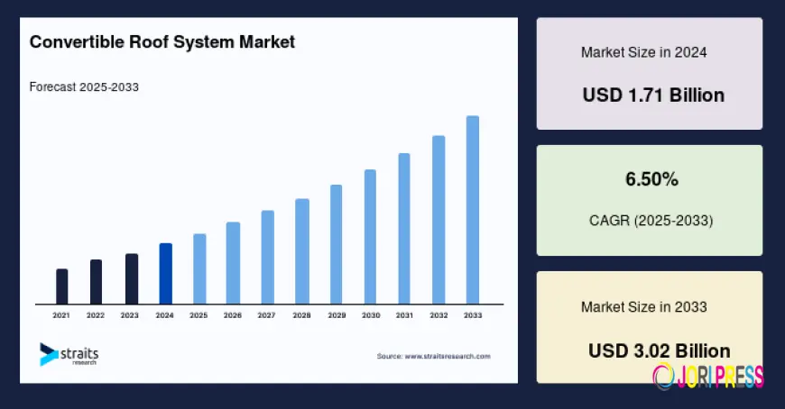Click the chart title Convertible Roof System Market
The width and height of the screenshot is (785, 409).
(162, 42)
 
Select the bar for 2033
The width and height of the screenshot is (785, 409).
(472, 210)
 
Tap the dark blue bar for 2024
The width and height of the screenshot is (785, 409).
(165, 274)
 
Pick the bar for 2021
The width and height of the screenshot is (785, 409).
(61, 286)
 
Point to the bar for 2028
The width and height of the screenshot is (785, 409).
(302, 251)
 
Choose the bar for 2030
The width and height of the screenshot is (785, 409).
(370, 237)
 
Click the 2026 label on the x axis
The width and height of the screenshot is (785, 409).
(233, 315)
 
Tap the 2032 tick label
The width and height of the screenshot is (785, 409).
(439, 315)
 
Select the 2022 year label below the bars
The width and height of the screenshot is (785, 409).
(96, 315)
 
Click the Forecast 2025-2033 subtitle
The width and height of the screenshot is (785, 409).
(84, 87)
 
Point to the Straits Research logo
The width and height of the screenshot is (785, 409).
(69, 354)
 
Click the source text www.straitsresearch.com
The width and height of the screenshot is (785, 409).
(433, 357)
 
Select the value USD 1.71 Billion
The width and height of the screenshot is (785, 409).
(653, 95)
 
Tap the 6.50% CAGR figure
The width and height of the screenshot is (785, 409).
(651, 179)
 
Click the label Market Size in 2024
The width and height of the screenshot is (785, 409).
(643, 52)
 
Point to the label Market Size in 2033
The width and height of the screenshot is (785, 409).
(643, 307)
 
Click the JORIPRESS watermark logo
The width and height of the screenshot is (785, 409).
(707, 375)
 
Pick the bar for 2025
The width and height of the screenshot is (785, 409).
(199, 268)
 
